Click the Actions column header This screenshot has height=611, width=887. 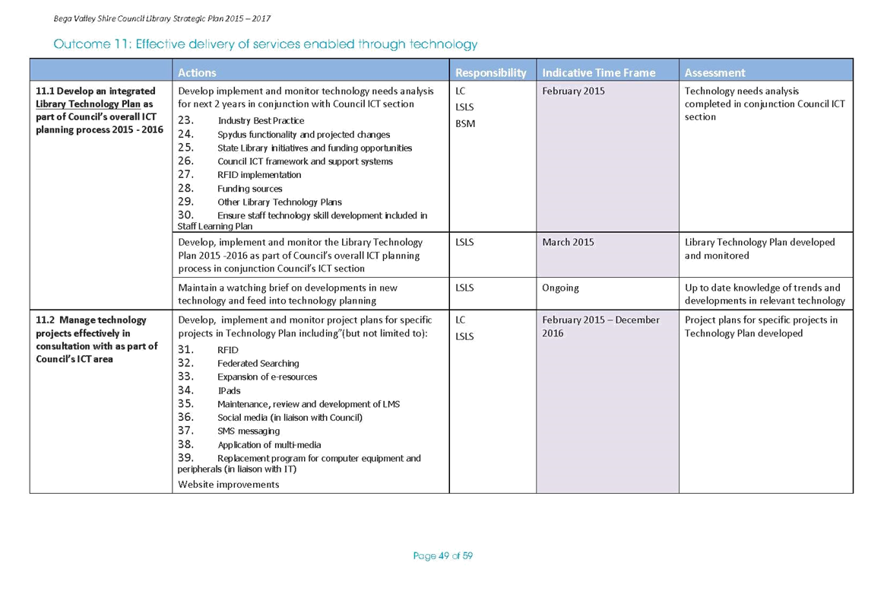tap(197, 72)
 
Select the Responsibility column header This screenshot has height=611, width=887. tap(490, 72)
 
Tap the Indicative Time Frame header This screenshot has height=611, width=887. tap(598, 72)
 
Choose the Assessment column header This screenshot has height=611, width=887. tap(714, 72)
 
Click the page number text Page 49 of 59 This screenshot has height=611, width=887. tap(443, 556)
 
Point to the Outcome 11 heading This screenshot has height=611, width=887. tap(265, 44)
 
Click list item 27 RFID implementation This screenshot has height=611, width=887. tap(239, 175)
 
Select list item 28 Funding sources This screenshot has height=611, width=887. tap(230, 189)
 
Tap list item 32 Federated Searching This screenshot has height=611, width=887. tap(238, 364)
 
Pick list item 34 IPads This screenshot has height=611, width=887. tap(209, 391)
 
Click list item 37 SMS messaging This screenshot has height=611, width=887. tap(229, 431)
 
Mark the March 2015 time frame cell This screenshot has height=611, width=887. tap(568, 243)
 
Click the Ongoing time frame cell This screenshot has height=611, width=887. tap(560, 288)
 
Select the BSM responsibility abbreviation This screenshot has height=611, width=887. tap(465, 123)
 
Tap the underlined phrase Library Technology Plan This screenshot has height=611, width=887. tap(87, 104)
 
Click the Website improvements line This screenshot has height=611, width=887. tap(229, 485)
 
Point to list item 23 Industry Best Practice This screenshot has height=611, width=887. tap(241, 121)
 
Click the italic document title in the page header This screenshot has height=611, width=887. tap(162, 19)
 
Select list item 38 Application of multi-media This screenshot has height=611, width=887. tap(249, 444)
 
